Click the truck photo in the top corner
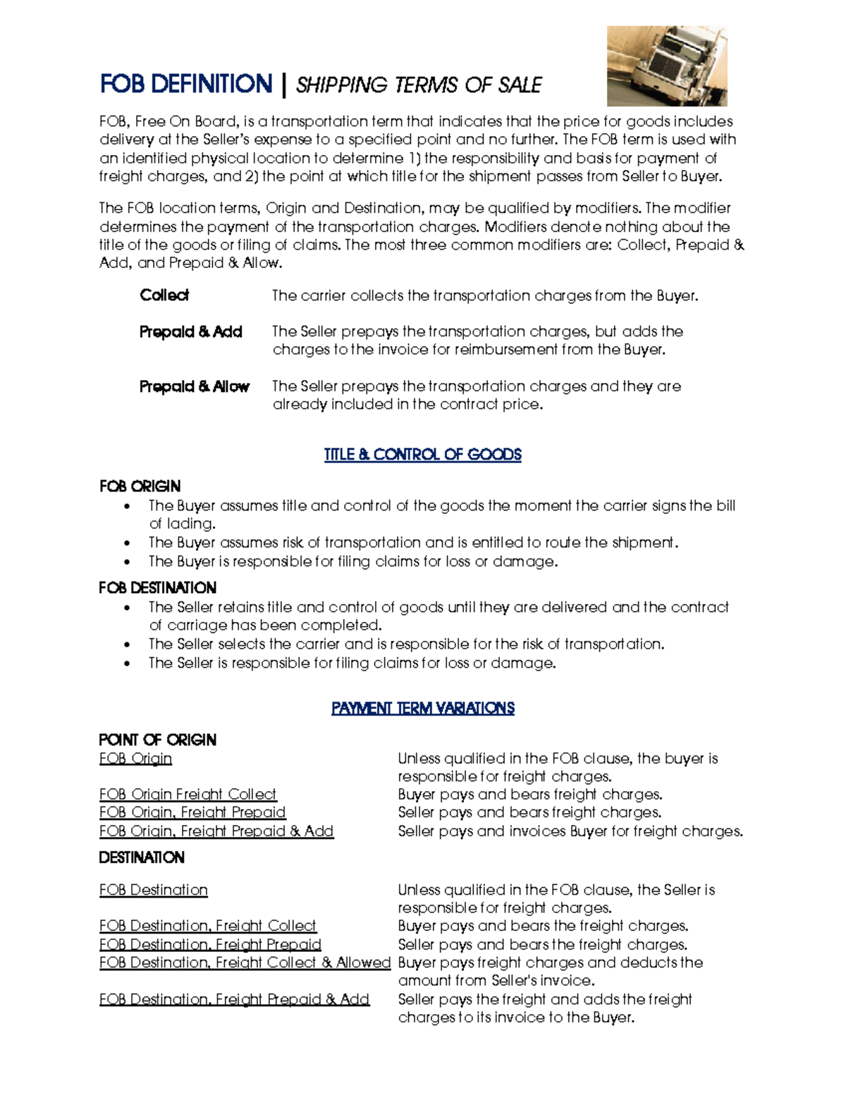tap(667, 66)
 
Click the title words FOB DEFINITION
tap(186, 85)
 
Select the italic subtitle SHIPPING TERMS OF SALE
tap(419, 86)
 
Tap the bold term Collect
tap(164, 295)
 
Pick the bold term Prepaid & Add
tap(191, 331)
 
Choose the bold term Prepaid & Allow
tap(195, 386)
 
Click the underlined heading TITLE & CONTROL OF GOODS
tap(422, 455)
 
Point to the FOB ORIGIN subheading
tap(140, 487)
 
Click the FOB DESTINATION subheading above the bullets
tap(157, 588)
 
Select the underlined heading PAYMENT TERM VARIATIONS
tap(422, 709)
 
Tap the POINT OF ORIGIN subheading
tap(157, 740)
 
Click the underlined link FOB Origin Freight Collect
tap(188, 795)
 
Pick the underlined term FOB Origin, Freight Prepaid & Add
tap(216, 831)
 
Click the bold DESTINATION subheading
tap(142, 857)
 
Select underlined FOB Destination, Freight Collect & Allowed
tap(245, 963)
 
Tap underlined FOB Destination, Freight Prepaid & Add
tap(234, 1000)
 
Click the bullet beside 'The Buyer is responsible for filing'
tap(127, 563)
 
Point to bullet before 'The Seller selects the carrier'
tap(127, 645)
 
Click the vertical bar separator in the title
tap(283, 85)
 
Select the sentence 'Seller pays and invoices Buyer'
tap(570, 831)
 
